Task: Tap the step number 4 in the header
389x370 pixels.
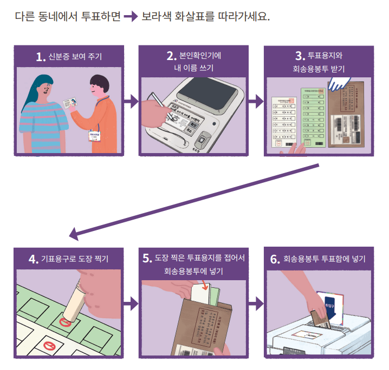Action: coord(33,259)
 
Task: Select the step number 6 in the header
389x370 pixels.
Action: coord(275,259)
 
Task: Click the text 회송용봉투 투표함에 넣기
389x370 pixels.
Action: coord(324,259)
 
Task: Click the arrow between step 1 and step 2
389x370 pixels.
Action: coord(131,100)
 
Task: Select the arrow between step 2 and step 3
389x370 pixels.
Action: coord(254,100)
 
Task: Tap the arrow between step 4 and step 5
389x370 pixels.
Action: coord(131,303)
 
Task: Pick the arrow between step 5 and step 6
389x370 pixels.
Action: coord(254,303)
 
